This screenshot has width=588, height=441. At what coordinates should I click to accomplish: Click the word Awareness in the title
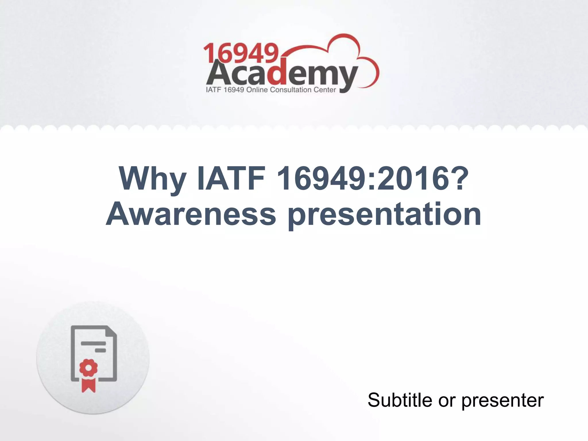point(191,214)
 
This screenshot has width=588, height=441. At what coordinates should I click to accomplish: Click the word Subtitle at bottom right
point(400,400)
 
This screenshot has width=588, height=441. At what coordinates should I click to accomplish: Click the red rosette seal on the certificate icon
point(88,368)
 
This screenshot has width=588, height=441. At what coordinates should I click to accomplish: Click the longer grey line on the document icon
point(93,343)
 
